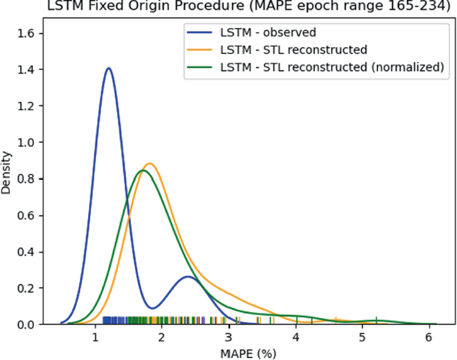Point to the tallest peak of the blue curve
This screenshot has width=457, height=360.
tap(108, 68)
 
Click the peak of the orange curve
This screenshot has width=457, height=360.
tap(149, 163)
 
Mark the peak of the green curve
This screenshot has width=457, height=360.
tap(142, 170)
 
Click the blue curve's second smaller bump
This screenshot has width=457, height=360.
tap(188, 276)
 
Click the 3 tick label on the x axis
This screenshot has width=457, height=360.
tap(229, 338)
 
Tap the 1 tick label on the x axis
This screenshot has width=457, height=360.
tap(95, 338)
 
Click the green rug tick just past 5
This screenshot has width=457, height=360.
tap(377, 320)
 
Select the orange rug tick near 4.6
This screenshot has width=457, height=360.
tap(336, 320)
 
